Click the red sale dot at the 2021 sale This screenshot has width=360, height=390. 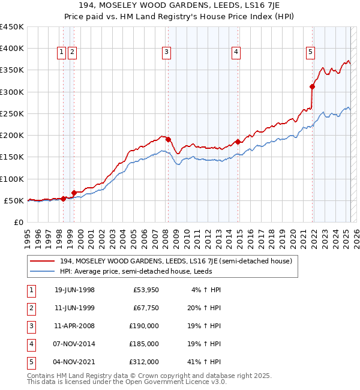(x=313, y=86)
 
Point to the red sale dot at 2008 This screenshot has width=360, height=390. (x=169, y=139)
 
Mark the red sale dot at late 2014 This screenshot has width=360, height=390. (x=238, y=142)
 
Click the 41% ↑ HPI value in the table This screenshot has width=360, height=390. (x=207, y=362)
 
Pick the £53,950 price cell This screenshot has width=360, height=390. (x=146, y=290)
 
